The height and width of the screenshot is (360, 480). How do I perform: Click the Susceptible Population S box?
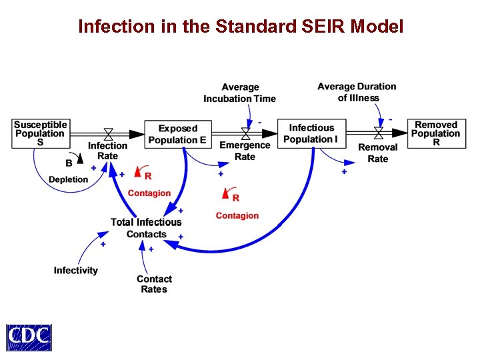pyautogui.click(x=41, y=133)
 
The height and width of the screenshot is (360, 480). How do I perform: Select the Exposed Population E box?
pyautogui.click(x=178, y=134)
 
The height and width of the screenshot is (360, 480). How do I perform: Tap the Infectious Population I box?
pyautogui.click(x=311, y=133)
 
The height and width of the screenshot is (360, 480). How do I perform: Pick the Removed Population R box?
pyautogui.click(x=436, y=133)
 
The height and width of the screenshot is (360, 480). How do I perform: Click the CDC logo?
pyautogui.click(x=29, y=337)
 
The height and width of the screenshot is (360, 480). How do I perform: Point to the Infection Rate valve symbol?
pyautogui.click(x=108, y=133)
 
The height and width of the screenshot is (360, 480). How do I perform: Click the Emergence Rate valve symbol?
pyautogui.click(x=245, y=133)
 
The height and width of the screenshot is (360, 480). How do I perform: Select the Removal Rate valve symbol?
pyautogui.click(x=379, y=133)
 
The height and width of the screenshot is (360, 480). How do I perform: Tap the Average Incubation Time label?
pyautogui.click(x=239, y=93)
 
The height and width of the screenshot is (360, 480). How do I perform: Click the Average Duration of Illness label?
pyautogui.click(x=357, y=92)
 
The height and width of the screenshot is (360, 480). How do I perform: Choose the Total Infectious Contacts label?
pyautogui.click(x=146, y=228)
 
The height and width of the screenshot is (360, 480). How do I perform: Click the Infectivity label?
pyautogui.click(x=75, y=270)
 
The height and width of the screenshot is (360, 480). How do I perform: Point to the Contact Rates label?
pyautogui.click(x=154, y=284)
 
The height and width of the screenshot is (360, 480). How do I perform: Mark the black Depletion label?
pyautogui.click(x=68, y=179)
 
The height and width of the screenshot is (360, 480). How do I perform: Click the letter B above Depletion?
pyautogui.click(x=69, y=162)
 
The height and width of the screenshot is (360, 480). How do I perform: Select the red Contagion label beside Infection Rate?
pyautogui.click(x=149, y=193)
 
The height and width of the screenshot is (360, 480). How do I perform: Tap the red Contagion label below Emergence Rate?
pyautogui.click(x=237, y=216)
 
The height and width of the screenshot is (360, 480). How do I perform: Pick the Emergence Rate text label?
pyautogui.click(x=245, y=151)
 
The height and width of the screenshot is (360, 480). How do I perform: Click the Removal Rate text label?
pyautogui.click(x=378, y=153)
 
